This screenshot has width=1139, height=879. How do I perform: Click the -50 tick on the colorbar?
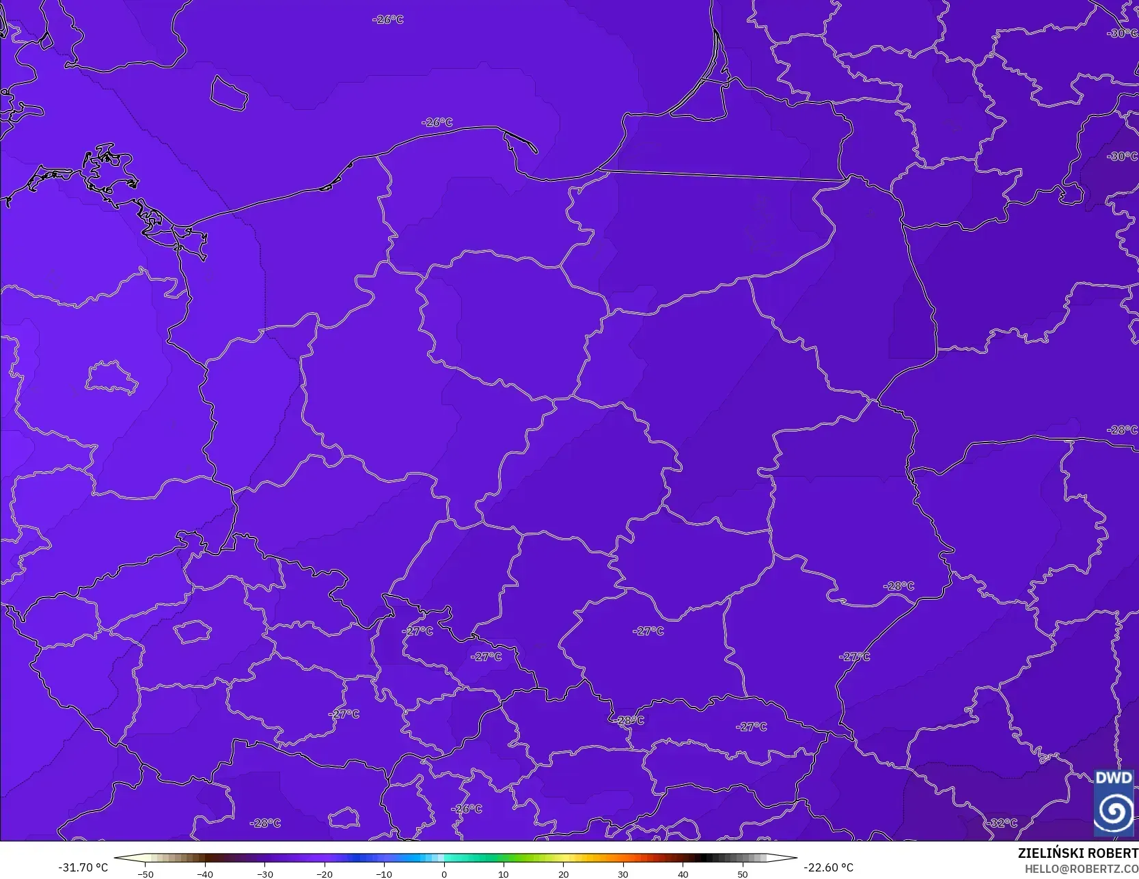[x=145, y=874]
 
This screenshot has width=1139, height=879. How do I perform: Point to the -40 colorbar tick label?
[x=205, y=874]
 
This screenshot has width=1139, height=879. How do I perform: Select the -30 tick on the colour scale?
[x=264, y=874]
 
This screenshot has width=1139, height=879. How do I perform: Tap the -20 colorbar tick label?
[x=325, y=874]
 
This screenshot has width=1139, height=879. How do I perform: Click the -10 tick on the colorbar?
[x=384, y=874]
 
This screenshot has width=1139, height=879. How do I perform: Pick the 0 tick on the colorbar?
[x=444, y=874]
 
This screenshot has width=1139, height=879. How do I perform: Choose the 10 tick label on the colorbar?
[x=504, y=874]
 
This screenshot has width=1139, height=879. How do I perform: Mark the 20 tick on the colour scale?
[x=563, y=874]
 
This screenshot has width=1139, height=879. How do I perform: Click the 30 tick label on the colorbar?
[x=623, y=874]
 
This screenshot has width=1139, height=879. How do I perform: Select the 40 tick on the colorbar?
[x=683, y=874]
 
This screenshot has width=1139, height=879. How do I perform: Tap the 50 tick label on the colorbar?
[x=743, y=874]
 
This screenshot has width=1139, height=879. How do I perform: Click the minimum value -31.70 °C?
[x=83, y=867]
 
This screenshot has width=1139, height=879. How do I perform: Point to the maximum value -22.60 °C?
[x=828, y=867]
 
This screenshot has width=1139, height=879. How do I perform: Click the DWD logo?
[x=1114, y=803]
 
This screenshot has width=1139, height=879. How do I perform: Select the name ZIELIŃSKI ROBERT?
[x=1078, y=853]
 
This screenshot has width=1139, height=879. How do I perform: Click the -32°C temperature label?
[x=1002, y=823]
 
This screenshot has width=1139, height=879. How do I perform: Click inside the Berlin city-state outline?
[x=111, y=378]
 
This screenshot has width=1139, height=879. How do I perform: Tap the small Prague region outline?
[x=192, y=632]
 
